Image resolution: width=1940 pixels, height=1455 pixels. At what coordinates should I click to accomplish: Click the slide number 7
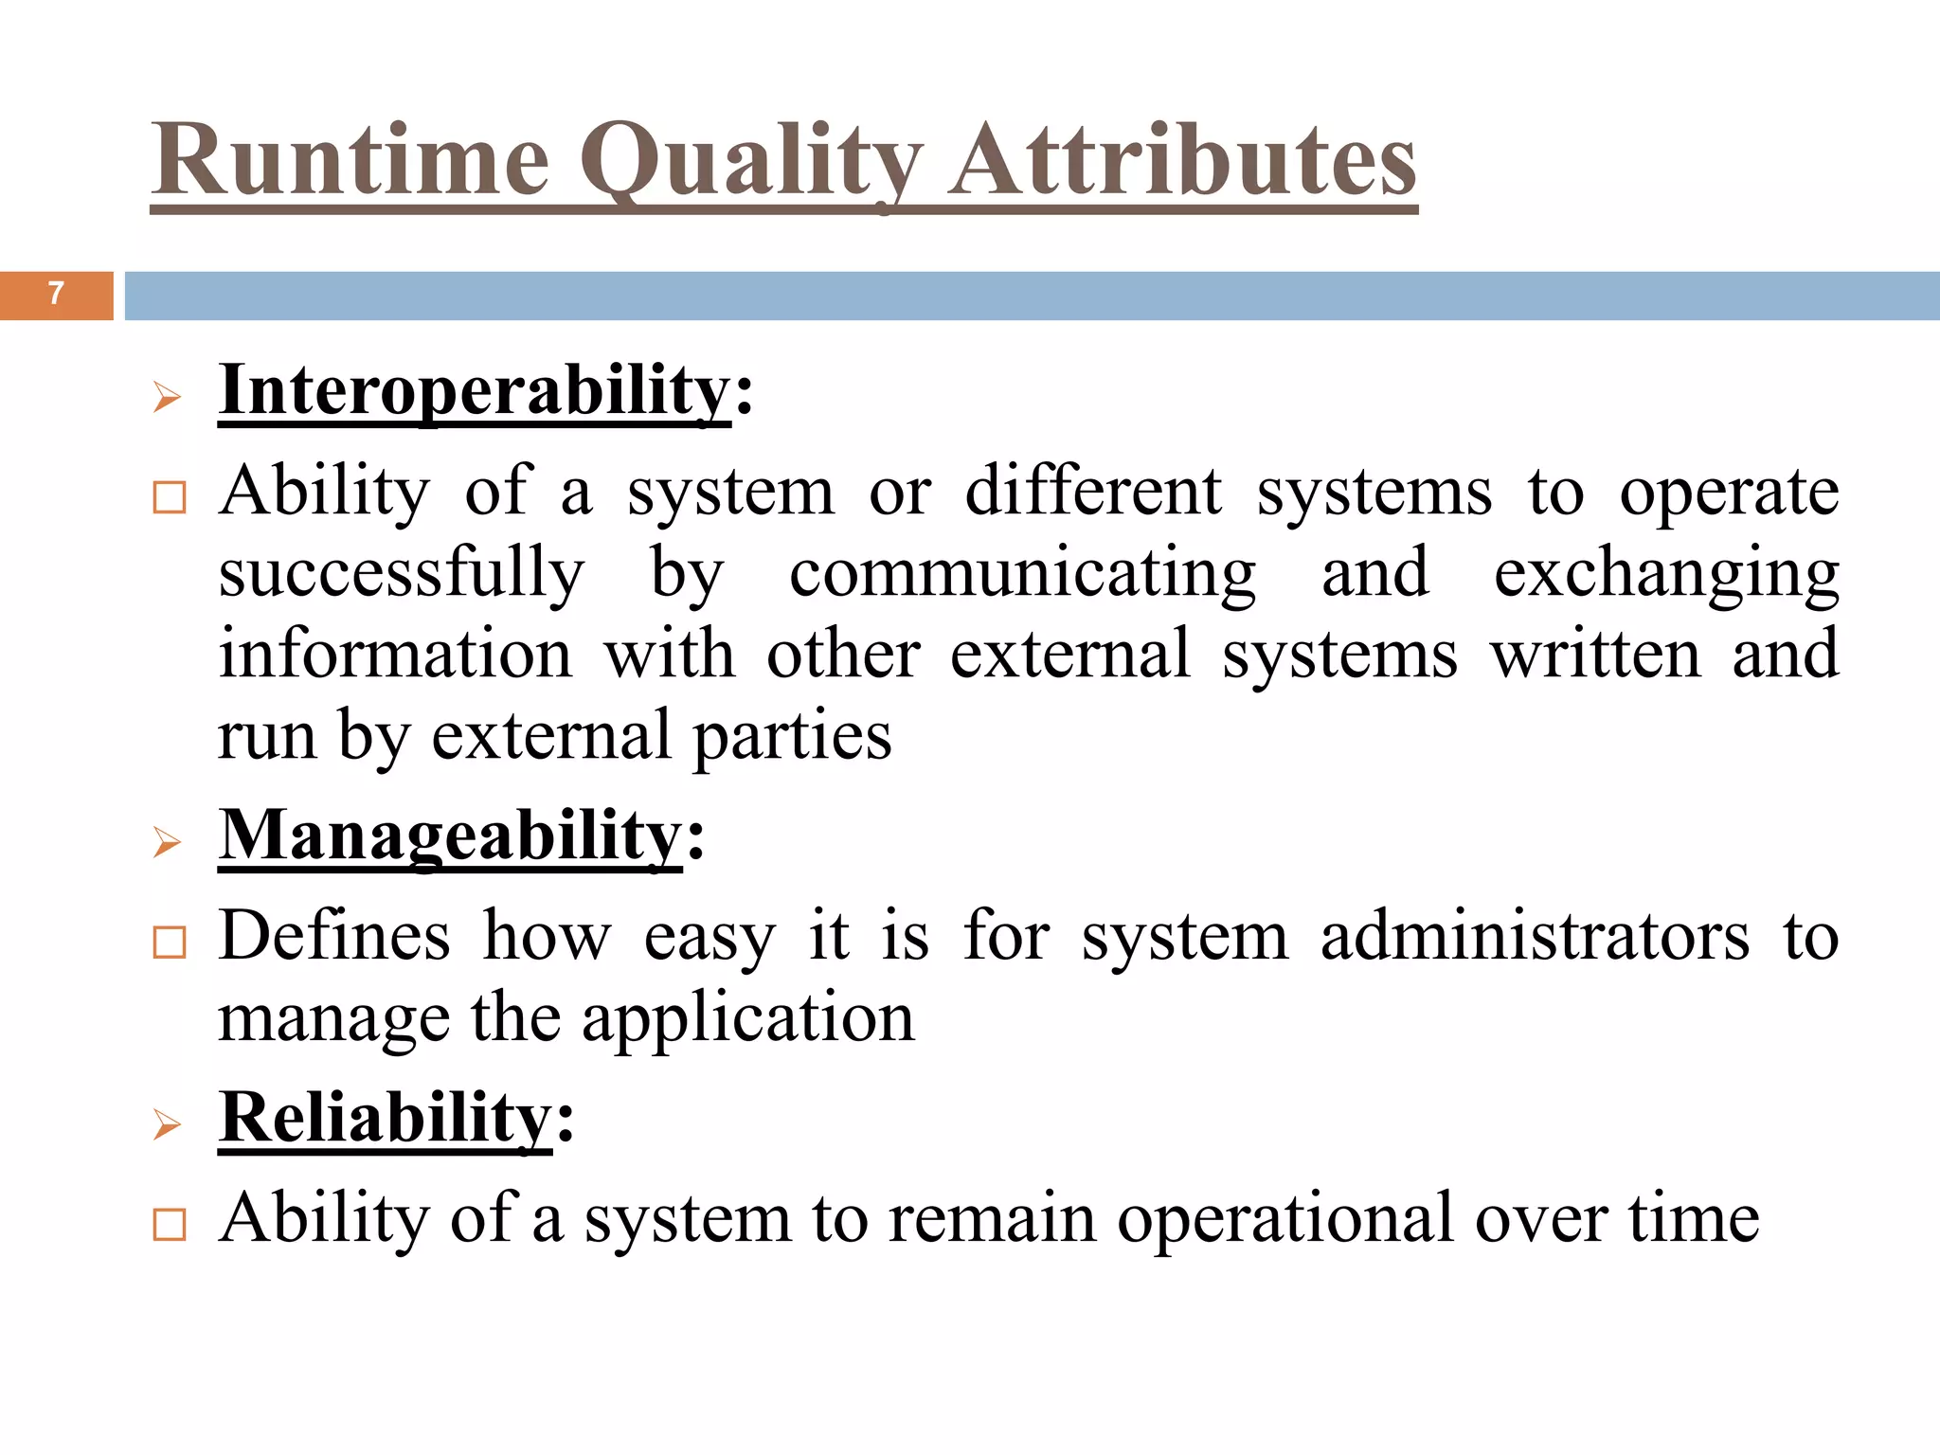pos(56,294)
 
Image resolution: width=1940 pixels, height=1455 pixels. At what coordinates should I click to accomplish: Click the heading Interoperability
pos(475,390)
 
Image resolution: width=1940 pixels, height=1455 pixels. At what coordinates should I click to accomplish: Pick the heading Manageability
pos(450,835)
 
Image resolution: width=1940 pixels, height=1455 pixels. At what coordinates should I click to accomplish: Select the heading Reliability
pos(385,1118)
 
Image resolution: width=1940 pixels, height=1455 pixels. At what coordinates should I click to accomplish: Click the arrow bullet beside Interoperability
pos(167,398)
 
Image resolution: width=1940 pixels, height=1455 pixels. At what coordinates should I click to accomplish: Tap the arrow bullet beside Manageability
pos(167,842)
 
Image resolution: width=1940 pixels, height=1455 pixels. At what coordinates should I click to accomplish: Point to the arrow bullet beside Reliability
pos(167,1124)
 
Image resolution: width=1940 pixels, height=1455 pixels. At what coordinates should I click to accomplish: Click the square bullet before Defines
pos(170,943)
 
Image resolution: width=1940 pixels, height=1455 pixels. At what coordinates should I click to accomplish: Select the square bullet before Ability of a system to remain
pos(170,1225)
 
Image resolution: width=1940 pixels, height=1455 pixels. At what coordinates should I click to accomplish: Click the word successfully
pos(402,574)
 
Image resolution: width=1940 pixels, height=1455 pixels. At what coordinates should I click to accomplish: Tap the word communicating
pos(1023,574)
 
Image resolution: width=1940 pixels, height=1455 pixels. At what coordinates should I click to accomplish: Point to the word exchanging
pos(1666,574)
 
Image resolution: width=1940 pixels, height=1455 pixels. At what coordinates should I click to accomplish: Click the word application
pos(748,1019)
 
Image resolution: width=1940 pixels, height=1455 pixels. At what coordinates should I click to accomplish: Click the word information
pos(396,654)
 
